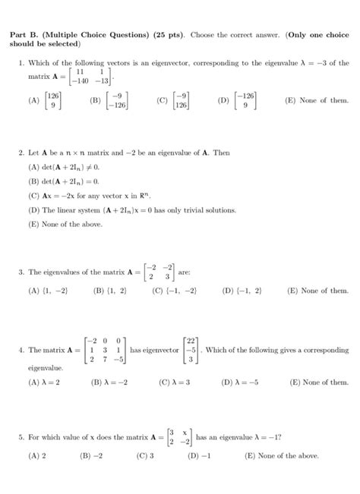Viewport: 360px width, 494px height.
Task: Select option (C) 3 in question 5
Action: (146, 456)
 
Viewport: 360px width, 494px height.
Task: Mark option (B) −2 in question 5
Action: (91, 456)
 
